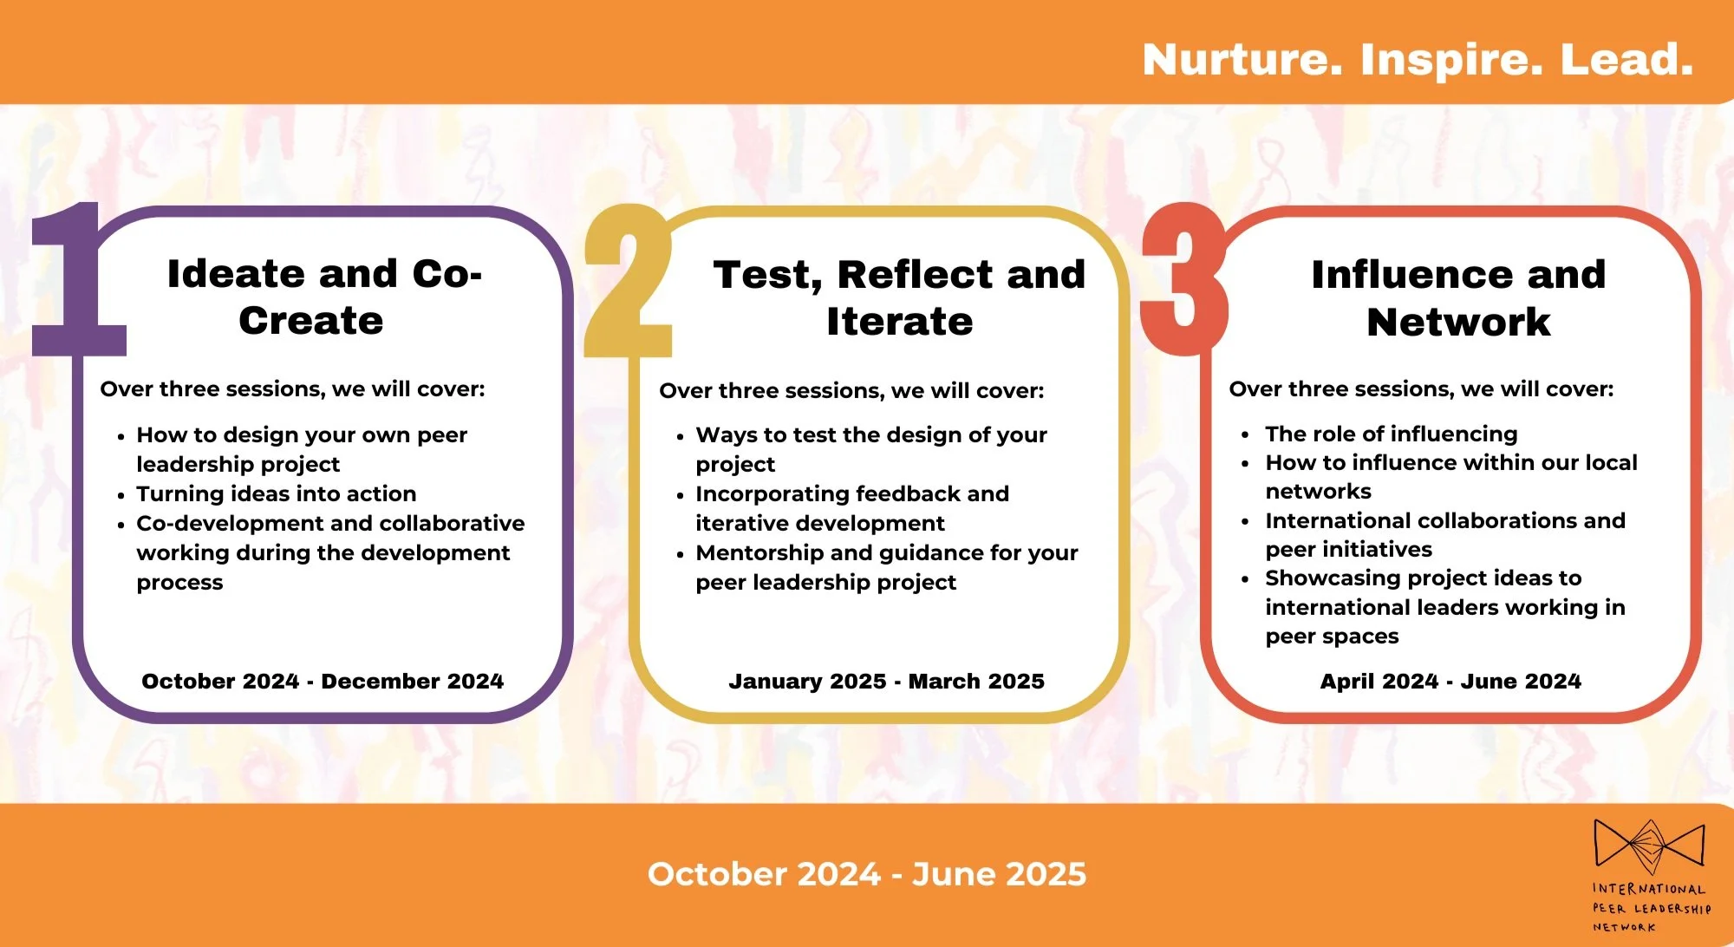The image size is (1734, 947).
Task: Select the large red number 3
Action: point(1185,282)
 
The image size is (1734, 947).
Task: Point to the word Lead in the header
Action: point(1626,60)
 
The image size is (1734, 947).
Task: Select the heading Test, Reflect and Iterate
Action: point(899,297)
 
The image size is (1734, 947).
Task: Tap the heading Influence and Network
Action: point(1458,297)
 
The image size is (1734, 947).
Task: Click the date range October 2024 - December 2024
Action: point(323,681)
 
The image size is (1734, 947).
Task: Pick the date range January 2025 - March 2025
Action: point(886,681)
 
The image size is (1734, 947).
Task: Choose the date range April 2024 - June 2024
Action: point(1450,681)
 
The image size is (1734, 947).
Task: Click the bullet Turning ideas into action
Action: point(276,493)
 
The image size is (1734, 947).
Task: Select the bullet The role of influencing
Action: point(1391,434)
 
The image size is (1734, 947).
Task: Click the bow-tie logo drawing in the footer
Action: point(1648,846)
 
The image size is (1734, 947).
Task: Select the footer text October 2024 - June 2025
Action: point(866,873)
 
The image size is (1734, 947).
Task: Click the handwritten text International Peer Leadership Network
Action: point(1650,907)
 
